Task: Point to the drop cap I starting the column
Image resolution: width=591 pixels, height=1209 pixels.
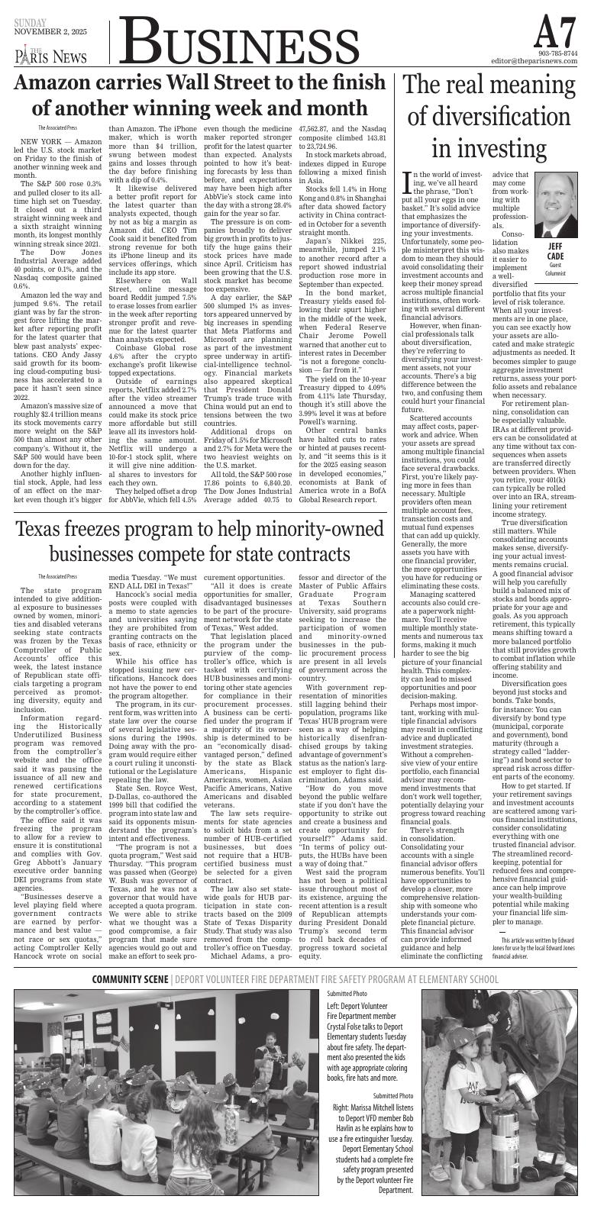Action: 407,184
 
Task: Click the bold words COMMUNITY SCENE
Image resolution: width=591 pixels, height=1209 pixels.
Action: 129,979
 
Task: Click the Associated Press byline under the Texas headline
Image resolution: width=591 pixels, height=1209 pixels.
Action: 58,555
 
